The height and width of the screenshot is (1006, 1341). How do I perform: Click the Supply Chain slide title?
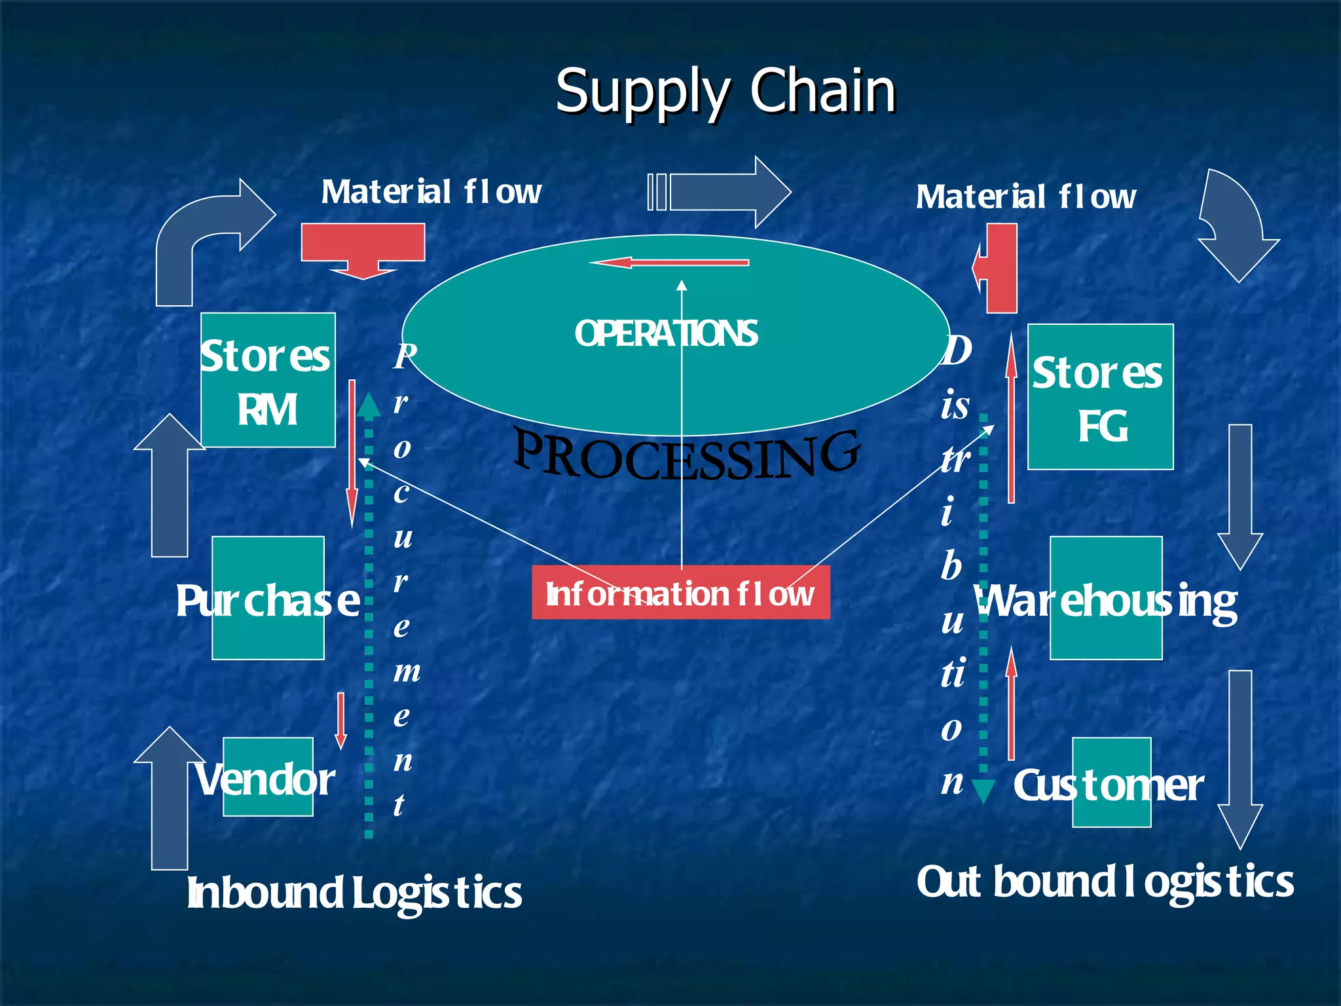coord(726,92)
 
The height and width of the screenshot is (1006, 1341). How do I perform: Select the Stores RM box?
coord(268,381)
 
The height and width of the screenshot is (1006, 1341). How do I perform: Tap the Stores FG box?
coord(1100,397)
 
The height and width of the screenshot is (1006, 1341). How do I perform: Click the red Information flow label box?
coord(680,593)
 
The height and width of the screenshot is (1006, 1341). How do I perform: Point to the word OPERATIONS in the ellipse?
coord(666,333)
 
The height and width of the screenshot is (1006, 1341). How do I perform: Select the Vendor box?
coord(267,777)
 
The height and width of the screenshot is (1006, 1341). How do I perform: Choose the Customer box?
coord(1111,783)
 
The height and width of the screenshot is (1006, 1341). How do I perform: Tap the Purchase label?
coord(268,599)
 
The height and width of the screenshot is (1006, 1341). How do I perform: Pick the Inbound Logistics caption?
coord(354,892)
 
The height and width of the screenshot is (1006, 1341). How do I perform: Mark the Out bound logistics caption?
coord(1105,882)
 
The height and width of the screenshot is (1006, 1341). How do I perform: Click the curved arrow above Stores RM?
coord(210,236)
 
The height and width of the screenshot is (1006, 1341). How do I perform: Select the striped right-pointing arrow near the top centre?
coord(720,193)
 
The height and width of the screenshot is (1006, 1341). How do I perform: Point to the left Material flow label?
coord(431,192)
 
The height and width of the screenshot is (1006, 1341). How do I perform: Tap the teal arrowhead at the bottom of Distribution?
coord(983,791)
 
